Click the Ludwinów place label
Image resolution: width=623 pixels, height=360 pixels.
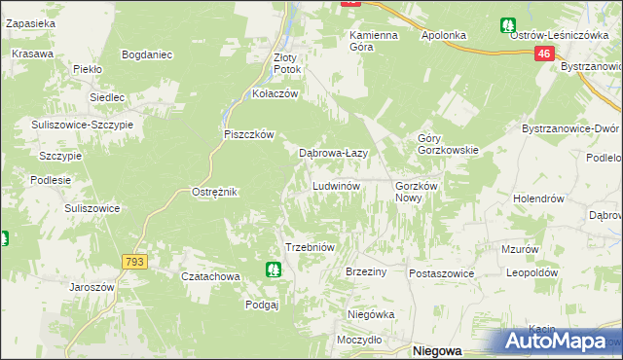click(x=337, y=185)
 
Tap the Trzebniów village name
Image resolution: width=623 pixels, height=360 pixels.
click(x=310, y=247)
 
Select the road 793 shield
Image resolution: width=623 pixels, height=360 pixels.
click(x=134, y=262)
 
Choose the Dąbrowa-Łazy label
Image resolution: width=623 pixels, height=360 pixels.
click(x=332, y=153)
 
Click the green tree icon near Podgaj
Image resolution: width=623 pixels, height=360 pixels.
click(x=274, y=269)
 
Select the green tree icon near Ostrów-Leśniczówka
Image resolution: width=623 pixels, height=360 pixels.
click(x=507, y=25)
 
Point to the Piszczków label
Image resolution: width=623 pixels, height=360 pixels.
click(x=250, y=134)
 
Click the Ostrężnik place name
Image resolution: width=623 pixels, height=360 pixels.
click(x=215, y=192)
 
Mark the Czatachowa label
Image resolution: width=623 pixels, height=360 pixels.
click(x=211, y=276)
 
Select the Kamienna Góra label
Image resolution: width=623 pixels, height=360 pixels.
click(x=375, y=41)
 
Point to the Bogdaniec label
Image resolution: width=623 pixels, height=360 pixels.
click(x=148, y=54)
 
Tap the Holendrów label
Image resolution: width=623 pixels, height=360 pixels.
click(x=539, y=198)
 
